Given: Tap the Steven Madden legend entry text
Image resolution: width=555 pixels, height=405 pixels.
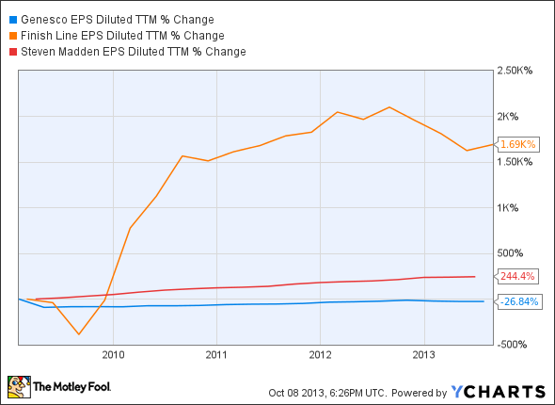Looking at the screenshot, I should [133, 51].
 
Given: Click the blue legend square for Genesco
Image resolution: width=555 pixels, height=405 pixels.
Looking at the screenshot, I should [10, 18].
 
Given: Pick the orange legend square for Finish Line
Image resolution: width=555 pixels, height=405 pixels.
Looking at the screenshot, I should [10, 35].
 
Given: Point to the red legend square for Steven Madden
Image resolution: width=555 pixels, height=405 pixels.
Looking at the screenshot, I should [10, 51].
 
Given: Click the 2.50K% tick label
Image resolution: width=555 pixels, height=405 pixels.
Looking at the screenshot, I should [515, 71].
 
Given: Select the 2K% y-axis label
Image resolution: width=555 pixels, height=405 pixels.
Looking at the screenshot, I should [510, 117].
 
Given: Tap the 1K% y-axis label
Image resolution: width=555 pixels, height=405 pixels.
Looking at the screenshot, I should [510, 207].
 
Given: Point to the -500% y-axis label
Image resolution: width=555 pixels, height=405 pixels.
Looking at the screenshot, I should [514, 344].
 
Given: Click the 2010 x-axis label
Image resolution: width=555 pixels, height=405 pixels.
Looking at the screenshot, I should [113, 354].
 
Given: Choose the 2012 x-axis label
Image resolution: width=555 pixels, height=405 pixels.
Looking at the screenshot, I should [320, 354].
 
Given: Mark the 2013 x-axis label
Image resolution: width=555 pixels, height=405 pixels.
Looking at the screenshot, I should [423, 354].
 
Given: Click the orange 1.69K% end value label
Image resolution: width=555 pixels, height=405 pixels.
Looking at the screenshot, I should [517, 145].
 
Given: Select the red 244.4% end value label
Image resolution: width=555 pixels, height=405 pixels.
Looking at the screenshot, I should [516, 276].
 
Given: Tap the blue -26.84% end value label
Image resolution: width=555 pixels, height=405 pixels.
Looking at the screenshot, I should [518, 301].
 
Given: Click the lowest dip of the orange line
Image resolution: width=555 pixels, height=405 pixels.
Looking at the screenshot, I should [78, 334].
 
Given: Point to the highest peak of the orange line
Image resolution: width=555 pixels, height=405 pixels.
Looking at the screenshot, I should [388, 106].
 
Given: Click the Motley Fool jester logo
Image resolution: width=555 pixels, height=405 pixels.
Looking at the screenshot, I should [19, 386].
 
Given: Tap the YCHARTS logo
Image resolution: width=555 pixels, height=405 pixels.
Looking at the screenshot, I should [498, 391].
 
